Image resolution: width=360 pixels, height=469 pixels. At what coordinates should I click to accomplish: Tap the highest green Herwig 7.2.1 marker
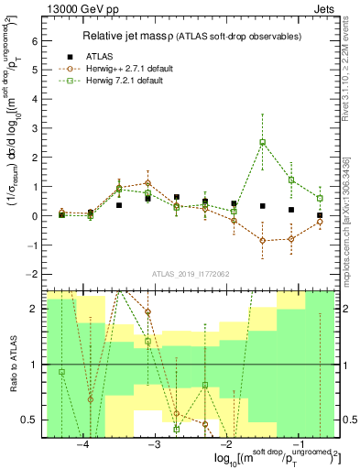pos(263,142)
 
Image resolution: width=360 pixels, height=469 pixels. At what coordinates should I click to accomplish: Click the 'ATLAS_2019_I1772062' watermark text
pos(191,274)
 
